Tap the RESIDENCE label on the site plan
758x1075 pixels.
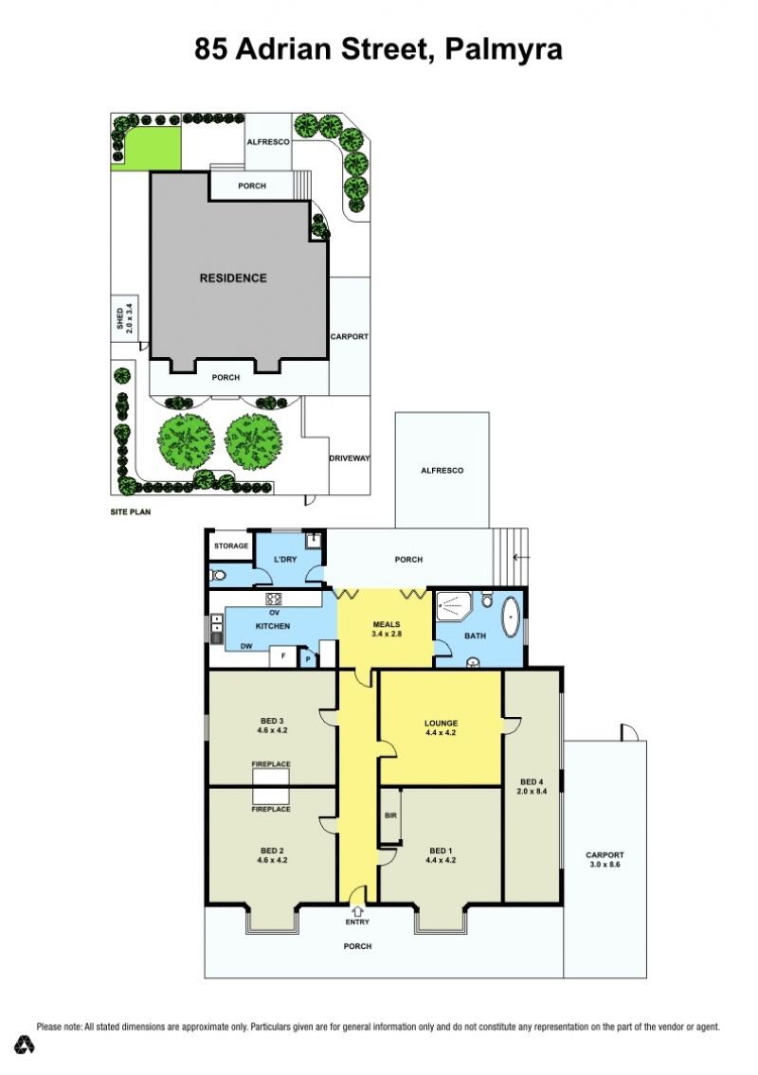pos(233,278)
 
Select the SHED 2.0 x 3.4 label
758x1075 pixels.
pos(124,318)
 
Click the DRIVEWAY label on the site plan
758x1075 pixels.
pos(350,458)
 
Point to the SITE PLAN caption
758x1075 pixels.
pos(131,511)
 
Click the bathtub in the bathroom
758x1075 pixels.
pos(510,617)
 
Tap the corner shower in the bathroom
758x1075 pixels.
pos(453,607)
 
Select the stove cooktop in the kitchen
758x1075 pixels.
pos(274,599)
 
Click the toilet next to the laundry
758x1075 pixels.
pos(218,575)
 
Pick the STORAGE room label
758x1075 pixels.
pos(231,546)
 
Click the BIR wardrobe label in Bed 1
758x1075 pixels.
pos(391,815)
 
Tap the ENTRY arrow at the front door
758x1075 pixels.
pos(357,911)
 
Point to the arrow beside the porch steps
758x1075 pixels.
pos(523,557)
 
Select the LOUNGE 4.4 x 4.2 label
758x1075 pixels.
pos(442,727)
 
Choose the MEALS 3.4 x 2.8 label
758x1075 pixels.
pos(387,629)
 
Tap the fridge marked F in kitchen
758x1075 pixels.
pos(282,656)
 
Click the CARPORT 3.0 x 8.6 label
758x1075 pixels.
pos(605,860)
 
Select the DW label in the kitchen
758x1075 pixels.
pos(246,646)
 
